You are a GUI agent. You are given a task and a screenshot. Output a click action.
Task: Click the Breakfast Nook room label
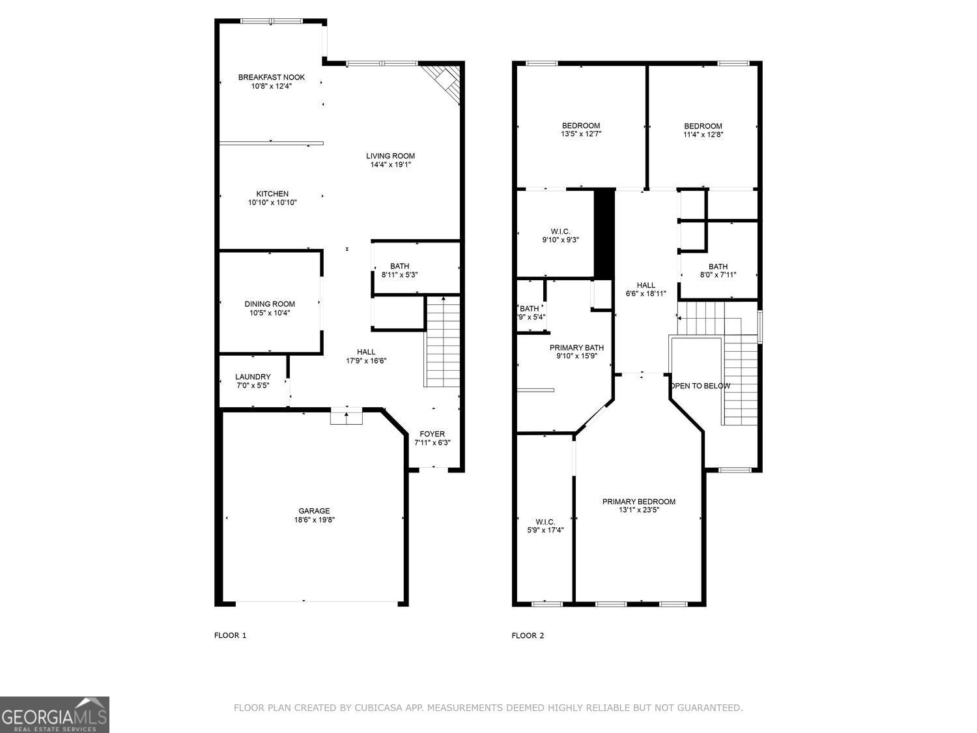tap(271, 77)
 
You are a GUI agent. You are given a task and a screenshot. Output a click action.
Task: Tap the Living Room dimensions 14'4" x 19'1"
tap(390, 165)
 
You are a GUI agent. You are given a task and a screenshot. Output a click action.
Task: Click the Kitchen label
tap(272, 194)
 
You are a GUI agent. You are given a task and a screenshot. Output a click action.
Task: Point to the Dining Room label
tap(270, 304)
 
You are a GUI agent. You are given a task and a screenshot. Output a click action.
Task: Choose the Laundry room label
tap(253, 377)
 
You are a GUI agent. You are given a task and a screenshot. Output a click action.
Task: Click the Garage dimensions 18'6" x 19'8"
tap(314, 520)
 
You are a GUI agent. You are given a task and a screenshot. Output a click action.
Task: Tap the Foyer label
tap(432, 434)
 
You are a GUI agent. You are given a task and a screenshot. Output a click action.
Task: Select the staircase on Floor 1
tap(443, 342)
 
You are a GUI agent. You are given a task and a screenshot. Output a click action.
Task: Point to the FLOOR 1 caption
tap(231, 635)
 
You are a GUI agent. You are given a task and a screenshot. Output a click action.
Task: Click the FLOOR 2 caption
tap(528, 635)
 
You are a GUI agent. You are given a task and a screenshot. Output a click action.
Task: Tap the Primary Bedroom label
tap(638, 501)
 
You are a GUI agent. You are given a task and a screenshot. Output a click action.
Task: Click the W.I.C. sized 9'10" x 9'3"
tap(560, 235)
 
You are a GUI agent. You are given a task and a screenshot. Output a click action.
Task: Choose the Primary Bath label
tap(576, 347)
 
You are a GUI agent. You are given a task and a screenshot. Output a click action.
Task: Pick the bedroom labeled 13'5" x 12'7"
tap(581, 130)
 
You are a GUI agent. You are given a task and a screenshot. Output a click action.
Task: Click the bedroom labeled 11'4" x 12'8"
tap(703, 130)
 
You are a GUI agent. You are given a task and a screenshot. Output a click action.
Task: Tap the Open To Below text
tap(700, 386)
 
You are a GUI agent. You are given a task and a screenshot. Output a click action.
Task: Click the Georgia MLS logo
tap(55, 715)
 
